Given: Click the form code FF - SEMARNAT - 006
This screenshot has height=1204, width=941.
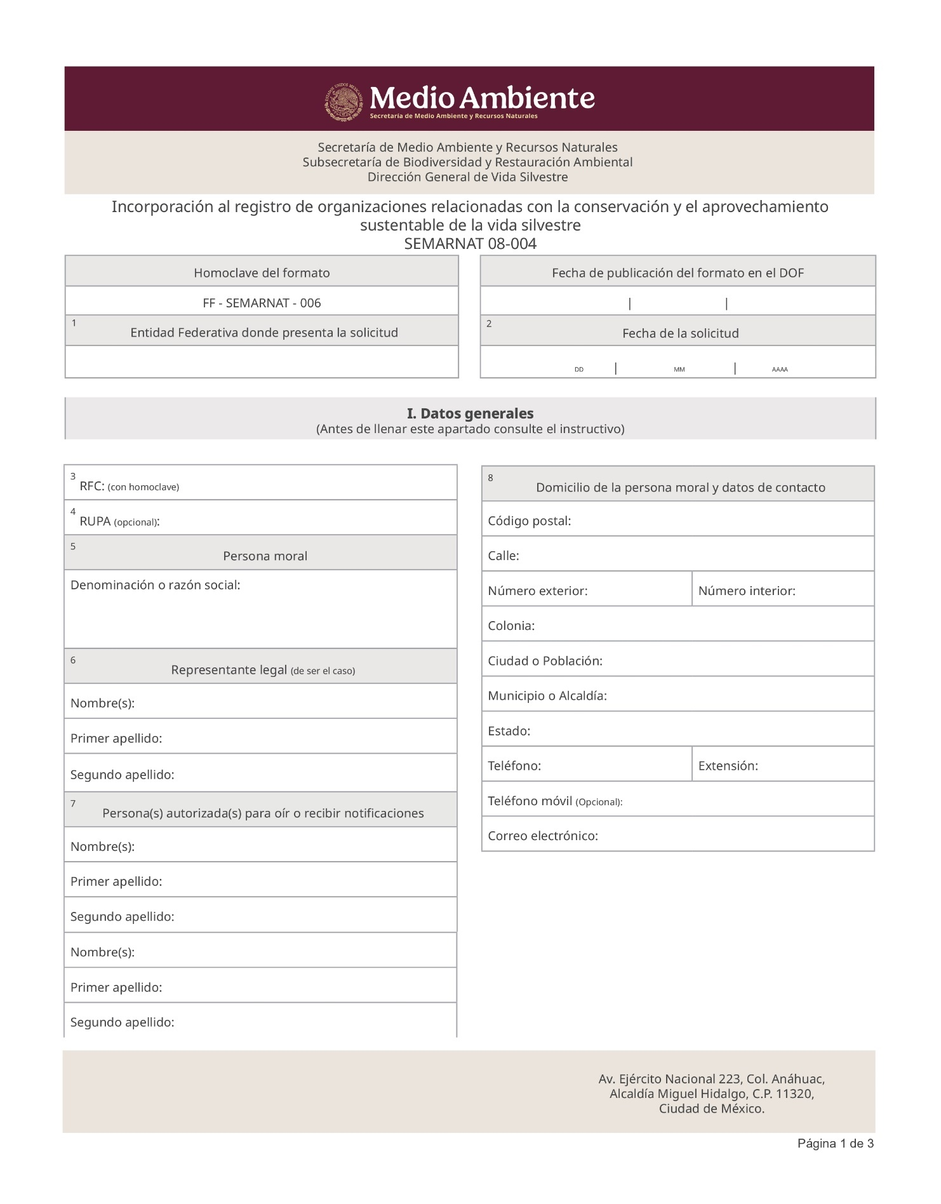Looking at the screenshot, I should [262, 303].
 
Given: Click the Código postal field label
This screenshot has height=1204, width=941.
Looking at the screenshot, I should [530, 521].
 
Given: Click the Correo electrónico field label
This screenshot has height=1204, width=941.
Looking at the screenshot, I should [543, 836].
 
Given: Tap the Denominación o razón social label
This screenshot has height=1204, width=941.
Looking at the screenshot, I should [156, 585].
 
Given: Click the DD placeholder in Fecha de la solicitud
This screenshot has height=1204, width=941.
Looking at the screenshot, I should [579, 370].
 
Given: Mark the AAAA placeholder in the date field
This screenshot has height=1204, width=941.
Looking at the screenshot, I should [780, 370].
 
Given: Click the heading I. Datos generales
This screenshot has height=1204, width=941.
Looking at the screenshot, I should [470, 413].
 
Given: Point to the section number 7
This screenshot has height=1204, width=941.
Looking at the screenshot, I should [74, 804].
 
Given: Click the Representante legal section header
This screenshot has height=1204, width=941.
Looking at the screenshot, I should [263, 670].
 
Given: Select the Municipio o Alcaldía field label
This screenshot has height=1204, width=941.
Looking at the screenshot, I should [547, 696].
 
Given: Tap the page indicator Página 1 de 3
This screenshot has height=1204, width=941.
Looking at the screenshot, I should [836, 1144].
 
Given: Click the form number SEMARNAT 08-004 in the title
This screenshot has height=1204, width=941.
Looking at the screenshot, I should [470, 244].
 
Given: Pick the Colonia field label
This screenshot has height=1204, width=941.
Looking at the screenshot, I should [511, 626].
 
